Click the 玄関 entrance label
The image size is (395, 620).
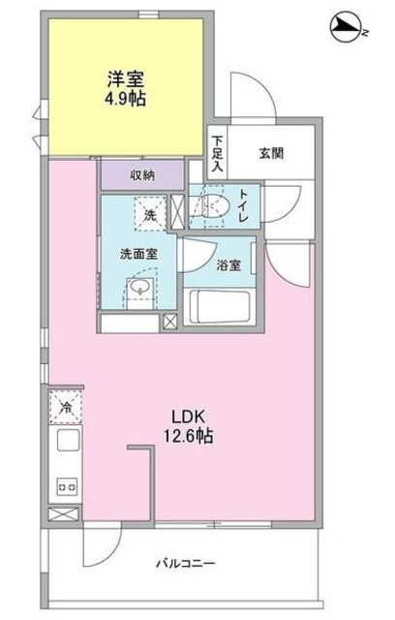(271, 151)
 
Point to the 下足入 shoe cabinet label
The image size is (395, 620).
(219, 153)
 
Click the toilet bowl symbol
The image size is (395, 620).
(212, 205)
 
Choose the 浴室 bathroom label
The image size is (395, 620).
(229, 264)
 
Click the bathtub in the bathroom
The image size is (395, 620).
(221, 309)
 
